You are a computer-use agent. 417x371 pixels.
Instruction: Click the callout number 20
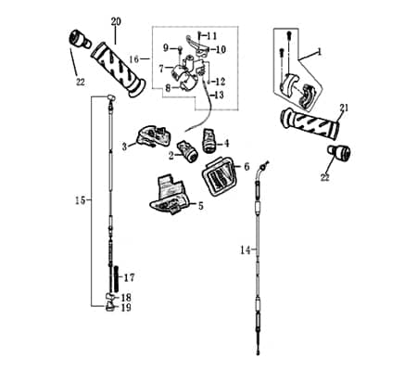[116, 21]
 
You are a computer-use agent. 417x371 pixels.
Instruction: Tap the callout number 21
[344, 108]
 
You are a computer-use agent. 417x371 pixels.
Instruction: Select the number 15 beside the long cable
[80, 200]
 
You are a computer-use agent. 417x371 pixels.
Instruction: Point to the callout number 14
[246, 250]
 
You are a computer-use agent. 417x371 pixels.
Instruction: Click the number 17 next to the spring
[130, 278]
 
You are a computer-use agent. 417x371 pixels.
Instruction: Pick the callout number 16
[134, 58]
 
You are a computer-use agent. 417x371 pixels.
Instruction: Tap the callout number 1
[320, 52]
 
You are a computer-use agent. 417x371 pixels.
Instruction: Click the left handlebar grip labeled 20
[119, 70]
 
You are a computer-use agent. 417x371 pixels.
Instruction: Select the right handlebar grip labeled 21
[310, 123]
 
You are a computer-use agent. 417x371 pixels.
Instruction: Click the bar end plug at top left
[79, 40]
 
